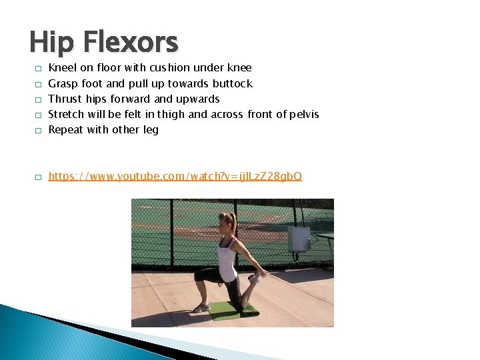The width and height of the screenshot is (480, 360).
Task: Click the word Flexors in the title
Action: pos(131,43)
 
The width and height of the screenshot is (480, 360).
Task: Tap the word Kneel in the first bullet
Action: pos(63,68)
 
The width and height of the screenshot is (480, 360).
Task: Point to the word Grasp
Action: pos(63,84)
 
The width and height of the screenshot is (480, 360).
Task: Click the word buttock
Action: pos(233,83)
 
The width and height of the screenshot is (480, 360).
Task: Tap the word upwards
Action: pos(197,99)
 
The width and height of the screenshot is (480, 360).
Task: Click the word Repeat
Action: pos(66,130)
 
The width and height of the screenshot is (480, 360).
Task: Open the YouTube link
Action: pos(175,177)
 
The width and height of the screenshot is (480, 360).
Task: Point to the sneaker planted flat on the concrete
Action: pos(201,307)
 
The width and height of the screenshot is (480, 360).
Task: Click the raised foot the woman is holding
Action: pos(255,277)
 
